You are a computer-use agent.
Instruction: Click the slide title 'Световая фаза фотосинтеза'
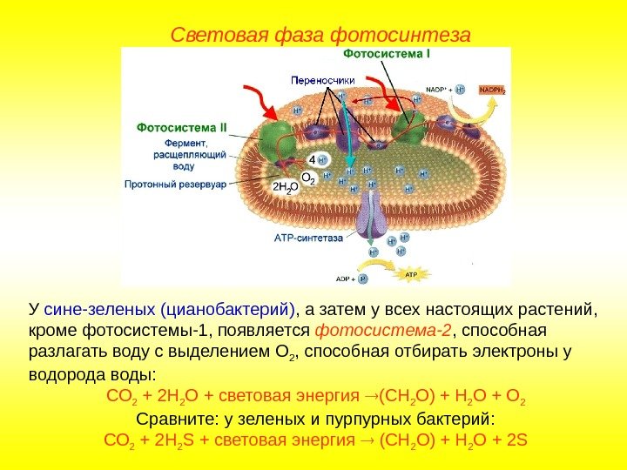point(320,36)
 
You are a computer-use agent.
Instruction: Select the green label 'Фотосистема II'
point(181,127)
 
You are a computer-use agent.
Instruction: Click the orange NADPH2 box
point(491,89)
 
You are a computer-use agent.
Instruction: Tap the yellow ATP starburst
point(412,274)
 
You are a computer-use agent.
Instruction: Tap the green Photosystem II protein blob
point(276,138)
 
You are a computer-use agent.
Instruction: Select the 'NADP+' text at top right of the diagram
point(437,89)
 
